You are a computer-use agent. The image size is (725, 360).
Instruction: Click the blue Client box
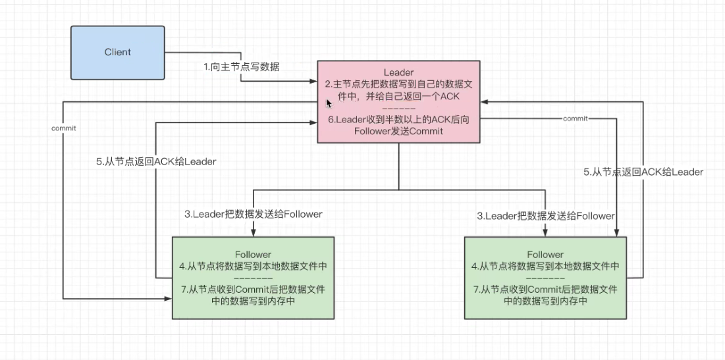coord(117,52)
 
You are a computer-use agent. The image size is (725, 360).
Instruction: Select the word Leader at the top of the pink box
coord(398,70)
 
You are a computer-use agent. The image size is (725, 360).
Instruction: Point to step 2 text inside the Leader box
coord(398,90)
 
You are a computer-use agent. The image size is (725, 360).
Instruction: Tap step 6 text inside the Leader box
coord(398,124)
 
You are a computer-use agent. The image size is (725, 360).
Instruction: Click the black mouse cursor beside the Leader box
coord(329,103)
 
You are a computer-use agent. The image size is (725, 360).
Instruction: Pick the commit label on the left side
coord(63,128)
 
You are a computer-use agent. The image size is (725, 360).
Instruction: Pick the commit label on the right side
coord(576,118)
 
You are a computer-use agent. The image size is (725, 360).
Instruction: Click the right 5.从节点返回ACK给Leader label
coord(643,172)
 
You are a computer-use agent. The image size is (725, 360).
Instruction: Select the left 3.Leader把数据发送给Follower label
coord(253,214)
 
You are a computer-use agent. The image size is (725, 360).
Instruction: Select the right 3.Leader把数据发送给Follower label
coord(547,216)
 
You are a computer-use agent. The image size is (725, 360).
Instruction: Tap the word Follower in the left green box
coord(252,254)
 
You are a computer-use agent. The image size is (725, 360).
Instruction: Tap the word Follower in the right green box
coord(545,254)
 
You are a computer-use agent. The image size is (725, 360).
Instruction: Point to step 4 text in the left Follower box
coord(252,267)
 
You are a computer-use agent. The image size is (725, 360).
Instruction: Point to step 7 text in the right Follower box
coord(545,296)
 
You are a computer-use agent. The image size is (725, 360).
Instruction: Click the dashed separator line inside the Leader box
coord(398,107)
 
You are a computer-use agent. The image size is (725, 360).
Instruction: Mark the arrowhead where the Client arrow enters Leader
coord(313,82)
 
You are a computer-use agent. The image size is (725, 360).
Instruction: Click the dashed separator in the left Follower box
coord(252,278)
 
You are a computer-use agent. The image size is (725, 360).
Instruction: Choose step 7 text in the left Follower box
coord(252,296)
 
